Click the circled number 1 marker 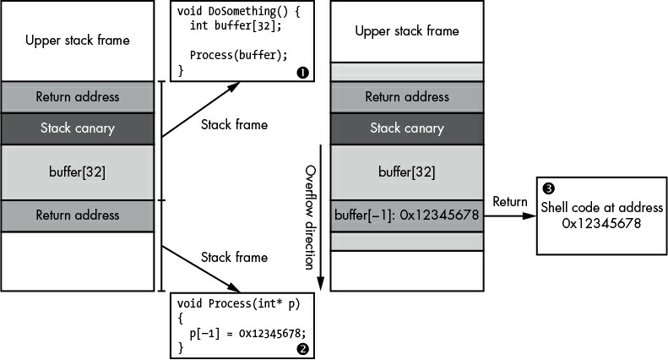302,73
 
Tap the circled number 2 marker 302,349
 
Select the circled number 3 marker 549,188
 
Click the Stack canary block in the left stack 77,128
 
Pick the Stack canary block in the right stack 407,128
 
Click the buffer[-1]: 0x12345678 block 407,215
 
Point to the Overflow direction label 311,217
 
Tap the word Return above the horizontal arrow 509,201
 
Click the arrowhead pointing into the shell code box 530,215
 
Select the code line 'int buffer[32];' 236,25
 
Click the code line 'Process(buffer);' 238,55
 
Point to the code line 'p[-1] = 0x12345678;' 248,333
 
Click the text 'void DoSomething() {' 238,11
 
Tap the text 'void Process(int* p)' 238,303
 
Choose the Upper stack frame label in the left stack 78,40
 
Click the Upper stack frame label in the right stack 407,30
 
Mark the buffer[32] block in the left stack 77,172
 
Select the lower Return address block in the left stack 77,215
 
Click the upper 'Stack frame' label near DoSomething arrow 234,124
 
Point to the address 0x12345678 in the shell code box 601,223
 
